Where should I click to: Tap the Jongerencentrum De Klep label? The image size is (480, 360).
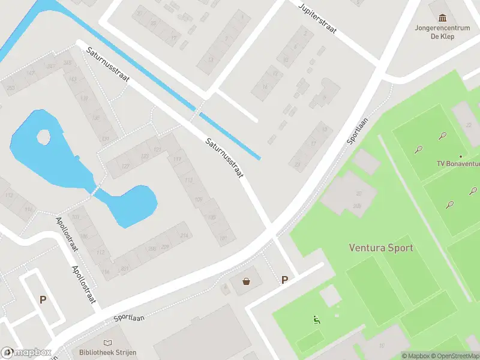pos(443,32)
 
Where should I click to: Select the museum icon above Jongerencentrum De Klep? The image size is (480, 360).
pos(443,18)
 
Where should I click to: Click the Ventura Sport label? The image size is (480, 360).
pos(381,247)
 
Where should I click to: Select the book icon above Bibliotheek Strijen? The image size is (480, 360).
pos(107,341)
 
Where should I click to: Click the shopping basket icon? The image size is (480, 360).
pos(246,281)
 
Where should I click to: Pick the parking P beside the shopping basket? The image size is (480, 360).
pos(284,280)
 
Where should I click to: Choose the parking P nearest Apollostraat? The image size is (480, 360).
pos(43,299)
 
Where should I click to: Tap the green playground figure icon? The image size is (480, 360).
pos(316,320)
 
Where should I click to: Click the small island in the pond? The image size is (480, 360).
pos(44,138)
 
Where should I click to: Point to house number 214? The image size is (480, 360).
pos(184,236)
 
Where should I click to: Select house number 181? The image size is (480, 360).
pos(224,238)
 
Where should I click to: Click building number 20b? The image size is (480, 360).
pos(358,206)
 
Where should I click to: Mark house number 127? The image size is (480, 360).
pos(125,166)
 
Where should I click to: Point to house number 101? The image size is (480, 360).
pos(76,217)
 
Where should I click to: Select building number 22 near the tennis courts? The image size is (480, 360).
pos(468,124)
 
